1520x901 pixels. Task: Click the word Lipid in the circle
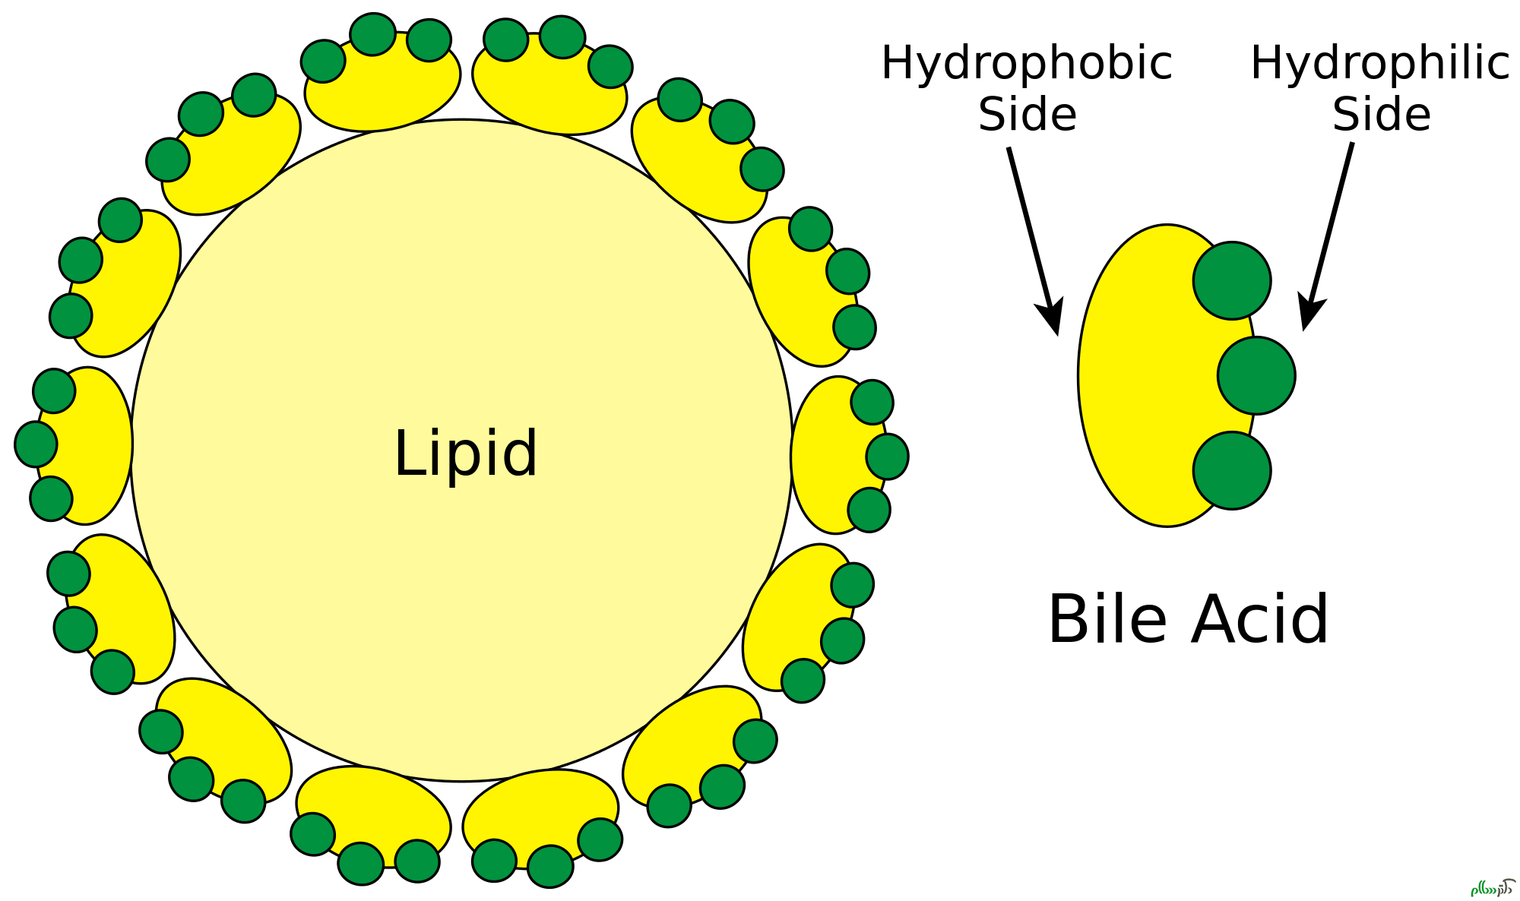click(x=466, y=454)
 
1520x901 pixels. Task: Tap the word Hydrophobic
click(x=1026, y=64)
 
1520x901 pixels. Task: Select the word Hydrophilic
click(x=1379, y=64)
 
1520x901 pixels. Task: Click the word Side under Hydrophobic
click(x=1028, y=115)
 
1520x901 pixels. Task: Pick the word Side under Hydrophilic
click(x=1382, y=115)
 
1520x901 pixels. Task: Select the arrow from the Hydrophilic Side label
click(x=1328, y=236)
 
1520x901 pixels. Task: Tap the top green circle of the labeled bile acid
click(x=1232, y=280)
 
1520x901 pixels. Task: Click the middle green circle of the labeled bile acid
click(x=1256, y=375)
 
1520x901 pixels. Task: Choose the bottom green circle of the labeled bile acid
click(x=1232, y=470)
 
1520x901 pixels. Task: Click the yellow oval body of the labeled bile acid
click(x=1140, y=376)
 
